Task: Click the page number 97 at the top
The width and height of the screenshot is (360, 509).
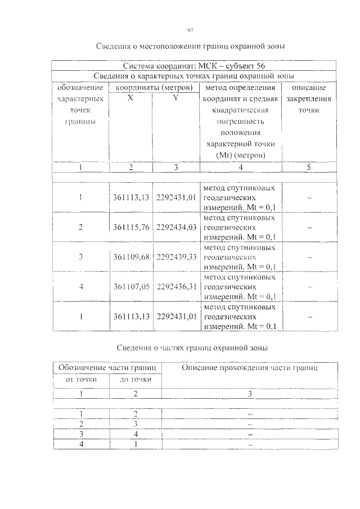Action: click(x=190, y=30)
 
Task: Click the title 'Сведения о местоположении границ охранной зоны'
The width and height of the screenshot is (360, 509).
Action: click(x=191, y=46)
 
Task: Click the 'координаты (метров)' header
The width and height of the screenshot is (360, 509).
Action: click(x=153, y=87)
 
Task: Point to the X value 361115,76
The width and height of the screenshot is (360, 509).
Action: click(x=130, y=227)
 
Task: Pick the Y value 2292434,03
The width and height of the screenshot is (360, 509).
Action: click(x=176, y=227)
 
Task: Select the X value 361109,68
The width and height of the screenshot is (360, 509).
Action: click(x=130, y=257)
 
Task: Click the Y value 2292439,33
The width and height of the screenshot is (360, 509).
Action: click(x=176, y=257)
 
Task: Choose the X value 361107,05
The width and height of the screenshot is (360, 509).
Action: click(x=130, y=287)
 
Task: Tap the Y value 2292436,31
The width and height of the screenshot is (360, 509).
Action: click(x=176, y=287)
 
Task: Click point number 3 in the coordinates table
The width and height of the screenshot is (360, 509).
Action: click(x=81, y=257)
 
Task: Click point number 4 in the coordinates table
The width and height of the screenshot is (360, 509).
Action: click(x=81, y=287)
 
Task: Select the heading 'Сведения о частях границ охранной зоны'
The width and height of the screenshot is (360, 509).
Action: click(x=192, y=348)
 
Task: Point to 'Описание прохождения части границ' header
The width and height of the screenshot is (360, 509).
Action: click(x=250, y=368)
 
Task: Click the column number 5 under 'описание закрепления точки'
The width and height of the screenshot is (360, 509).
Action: click(x=309, y=168)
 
